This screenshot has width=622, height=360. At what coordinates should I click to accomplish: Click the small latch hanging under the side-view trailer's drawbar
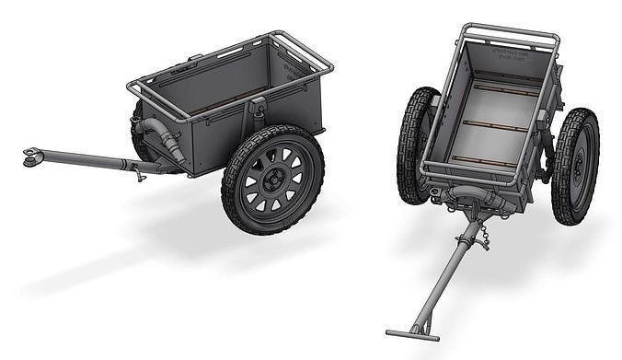(x=138, y=170)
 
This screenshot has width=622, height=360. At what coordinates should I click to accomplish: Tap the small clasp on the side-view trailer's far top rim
(x=194, y=58)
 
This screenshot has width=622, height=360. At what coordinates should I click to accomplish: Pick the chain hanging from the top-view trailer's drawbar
(x=482, y=237)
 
